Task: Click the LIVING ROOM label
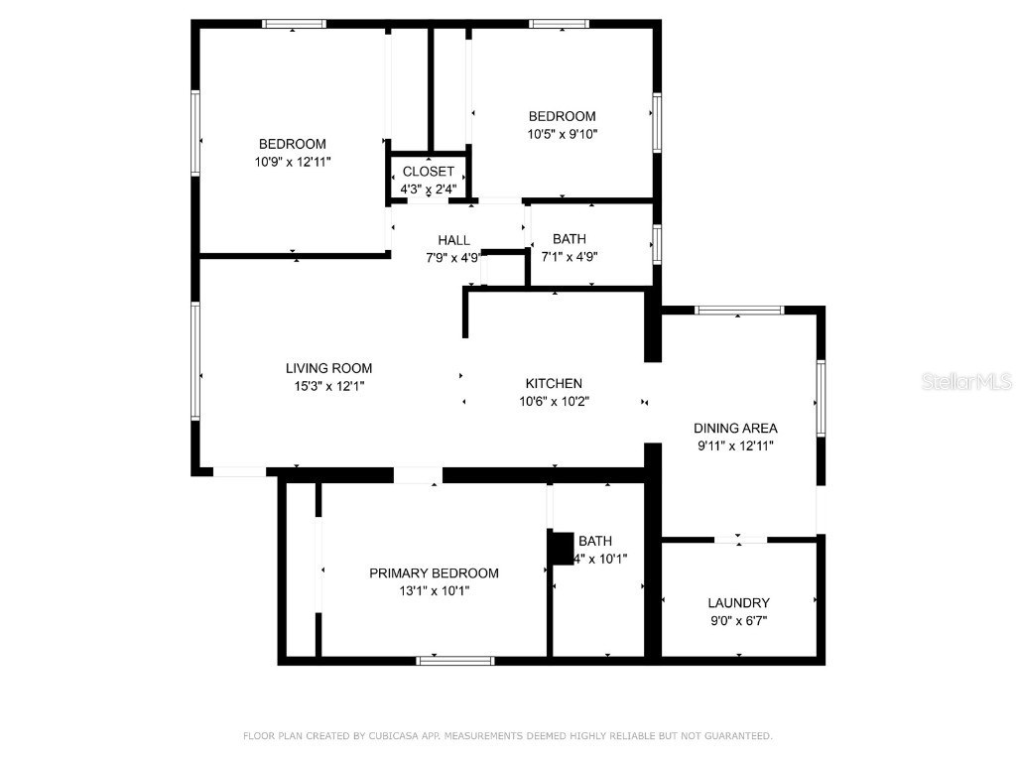pos(328,368)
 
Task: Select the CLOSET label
pos(428,172)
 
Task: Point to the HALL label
pos(453,240)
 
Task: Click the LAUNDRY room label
pos(738,602)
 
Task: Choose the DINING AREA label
pos(734,429)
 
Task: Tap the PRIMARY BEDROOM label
pos(434,572)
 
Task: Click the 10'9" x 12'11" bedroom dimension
pos(292,161)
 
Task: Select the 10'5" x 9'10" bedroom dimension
pos(562,133)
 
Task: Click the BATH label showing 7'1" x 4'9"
pos(569,239)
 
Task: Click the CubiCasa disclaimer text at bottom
pos(507,735)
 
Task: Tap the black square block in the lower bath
pos(563,548)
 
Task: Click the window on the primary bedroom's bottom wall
pos(455,660)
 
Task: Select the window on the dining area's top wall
pos(738,311)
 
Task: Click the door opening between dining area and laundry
pos(740,540)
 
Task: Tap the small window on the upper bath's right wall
pos(656,244)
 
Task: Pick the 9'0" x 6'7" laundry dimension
pos(738,620)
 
